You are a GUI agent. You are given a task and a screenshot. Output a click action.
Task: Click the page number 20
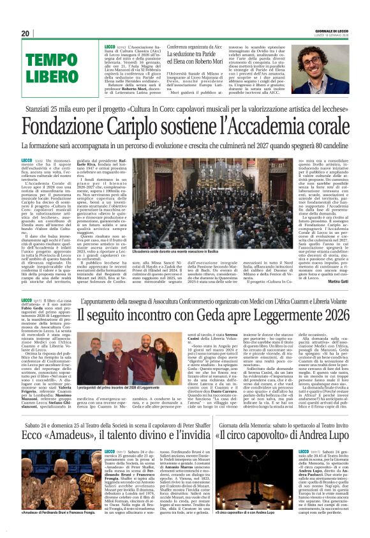26,33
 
